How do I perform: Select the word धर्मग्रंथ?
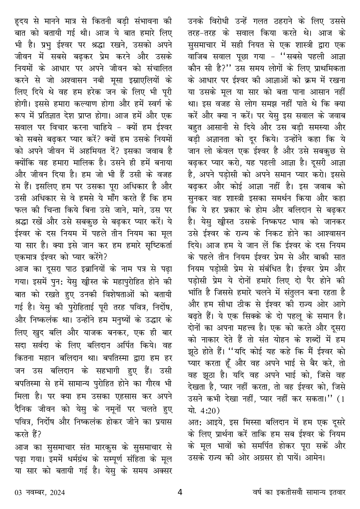pos(69,459)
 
